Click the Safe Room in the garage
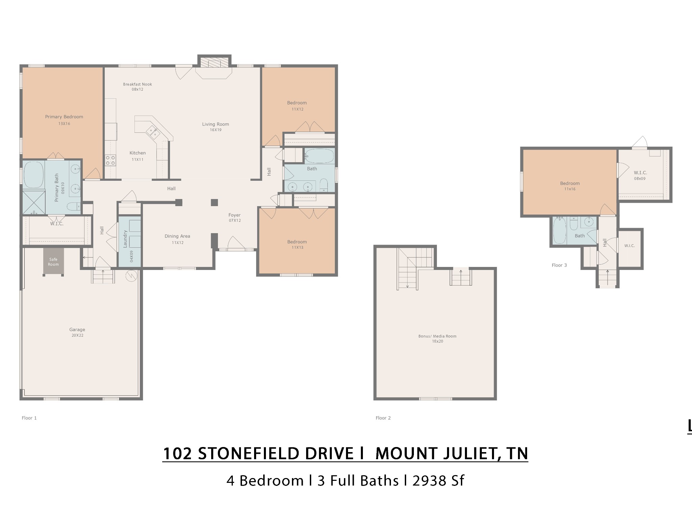tap(53, 262)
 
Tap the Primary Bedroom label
tap(64, 117)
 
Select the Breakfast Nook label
tap(138, 84)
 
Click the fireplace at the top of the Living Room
tap(214, 63)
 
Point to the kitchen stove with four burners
tap(110, 160)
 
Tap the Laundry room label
tap(125, 239)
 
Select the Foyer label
tap(234, 215)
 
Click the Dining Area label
tap(177, 236)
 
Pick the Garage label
tap(77, 329)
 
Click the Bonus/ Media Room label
tap(437, 336)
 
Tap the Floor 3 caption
tap(559, 265)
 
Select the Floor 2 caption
tap(383, 418)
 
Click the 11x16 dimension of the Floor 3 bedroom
tap(570, 189)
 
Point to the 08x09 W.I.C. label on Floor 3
tap(640, 179)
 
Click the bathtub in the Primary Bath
tap(34, 175)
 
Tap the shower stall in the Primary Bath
tap(34, 202)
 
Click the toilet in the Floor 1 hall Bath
tap(324, 186)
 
